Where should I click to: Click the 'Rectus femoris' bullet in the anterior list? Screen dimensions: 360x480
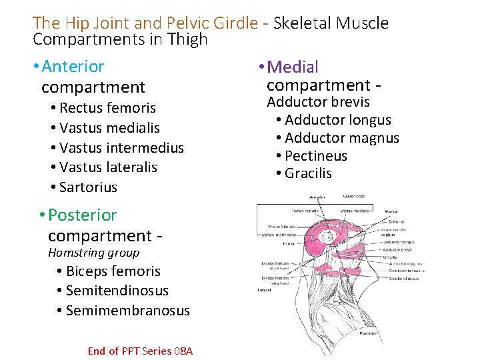click(x=107, y=108)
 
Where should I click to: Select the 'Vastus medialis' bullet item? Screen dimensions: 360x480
click(x=109, y=127)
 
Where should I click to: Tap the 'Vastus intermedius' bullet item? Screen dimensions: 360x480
click(x=121, y=147)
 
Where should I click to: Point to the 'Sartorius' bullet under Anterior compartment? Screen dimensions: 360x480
click(x=88, y=187)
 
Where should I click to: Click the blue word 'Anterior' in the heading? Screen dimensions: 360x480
click(x=73, y=67)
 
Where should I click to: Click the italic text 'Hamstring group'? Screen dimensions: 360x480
click(x=94, y=253)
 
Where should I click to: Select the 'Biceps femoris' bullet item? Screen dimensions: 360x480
click(x=113, y=271)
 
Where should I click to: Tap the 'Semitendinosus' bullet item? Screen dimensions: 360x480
click(x=117, y=291)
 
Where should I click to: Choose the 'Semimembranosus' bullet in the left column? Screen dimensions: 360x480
click(x=128, y=311)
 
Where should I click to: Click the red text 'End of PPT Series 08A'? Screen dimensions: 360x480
click(x=140, y=351)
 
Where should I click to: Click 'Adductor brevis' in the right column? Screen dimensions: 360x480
click(x=318, y=102)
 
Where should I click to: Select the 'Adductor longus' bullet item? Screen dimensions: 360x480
click(x=338, y=120)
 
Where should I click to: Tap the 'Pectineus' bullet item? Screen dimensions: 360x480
click(x=316, y=156)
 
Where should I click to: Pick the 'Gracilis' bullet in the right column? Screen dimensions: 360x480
click(x=308, y=173)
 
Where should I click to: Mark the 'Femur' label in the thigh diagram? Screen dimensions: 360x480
click(x=271, y=244)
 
